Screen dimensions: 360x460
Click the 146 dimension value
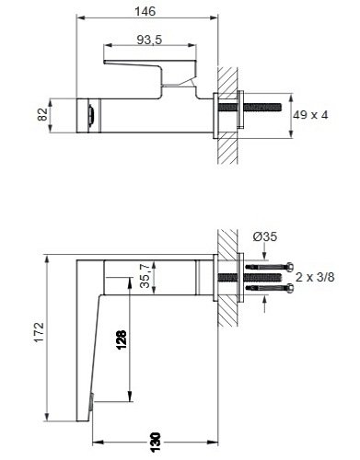pyautogui.click(x=145, y=11)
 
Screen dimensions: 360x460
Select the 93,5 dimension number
pyautogui.click(x=149, y=40)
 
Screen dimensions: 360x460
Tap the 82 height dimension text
pyautogui.click(x=43, y=114)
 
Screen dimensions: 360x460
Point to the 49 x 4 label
pyautogui.click(x=310, y=115)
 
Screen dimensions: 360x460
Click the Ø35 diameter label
pyautogui.click(x=265, y=236)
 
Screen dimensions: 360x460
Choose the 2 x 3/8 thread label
pyautogui.click(x=315, y=277)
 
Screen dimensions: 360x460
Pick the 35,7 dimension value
pyautogui.click(x=145, y=276)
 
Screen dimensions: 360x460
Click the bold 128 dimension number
pyautogui.click(x=121, y=339)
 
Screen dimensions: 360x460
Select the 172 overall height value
pyautogui.click(x=40, y=332)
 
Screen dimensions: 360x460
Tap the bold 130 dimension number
pyautogui.click(x=156, y=443)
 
